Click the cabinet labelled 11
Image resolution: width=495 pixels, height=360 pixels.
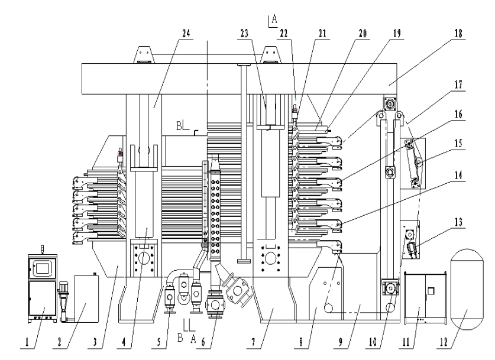coord(424,299)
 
